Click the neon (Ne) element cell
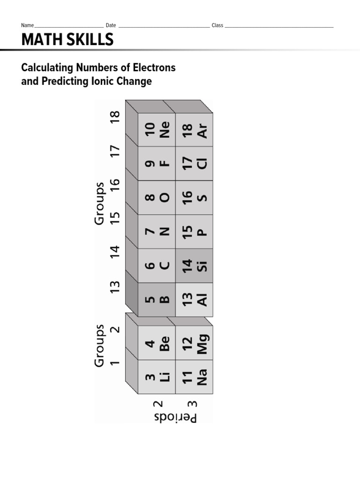tap(157, 129)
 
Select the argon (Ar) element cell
tap(194, 129)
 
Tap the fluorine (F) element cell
tap(157, 164)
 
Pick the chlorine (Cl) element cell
tap(194, 164)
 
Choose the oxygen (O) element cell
tap(157, 197)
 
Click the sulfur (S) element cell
tap(194, 197)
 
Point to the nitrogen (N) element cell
tap(157, 232)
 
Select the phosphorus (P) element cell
tap(194, 232)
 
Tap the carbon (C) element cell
tap(157, 265)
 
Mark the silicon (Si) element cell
tap(194, 265)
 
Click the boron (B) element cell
tap(157, 299)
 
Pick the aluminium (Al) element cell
tap(194, 299)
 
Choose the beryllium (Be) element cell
tap(157, 343)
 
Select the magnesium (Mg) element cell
tap(194, 343)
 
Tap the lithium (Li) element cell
tap(157, 377)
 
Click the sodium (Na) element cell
tap(194, 377)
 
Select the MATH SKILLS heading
tap(67, 40)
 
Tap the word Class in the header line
tap(217, 25)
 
